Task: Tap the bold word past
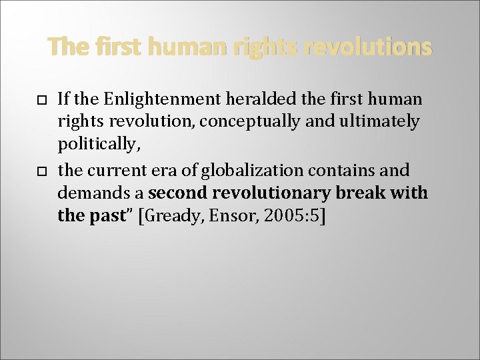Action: (106, 215)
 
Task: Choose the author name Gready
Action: (169, 215)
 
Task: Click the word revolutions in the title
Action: (367, 47)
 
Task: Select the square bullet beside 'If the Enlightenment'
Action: (41, 99)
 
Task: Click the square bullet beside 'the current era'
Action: (41, 171)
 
